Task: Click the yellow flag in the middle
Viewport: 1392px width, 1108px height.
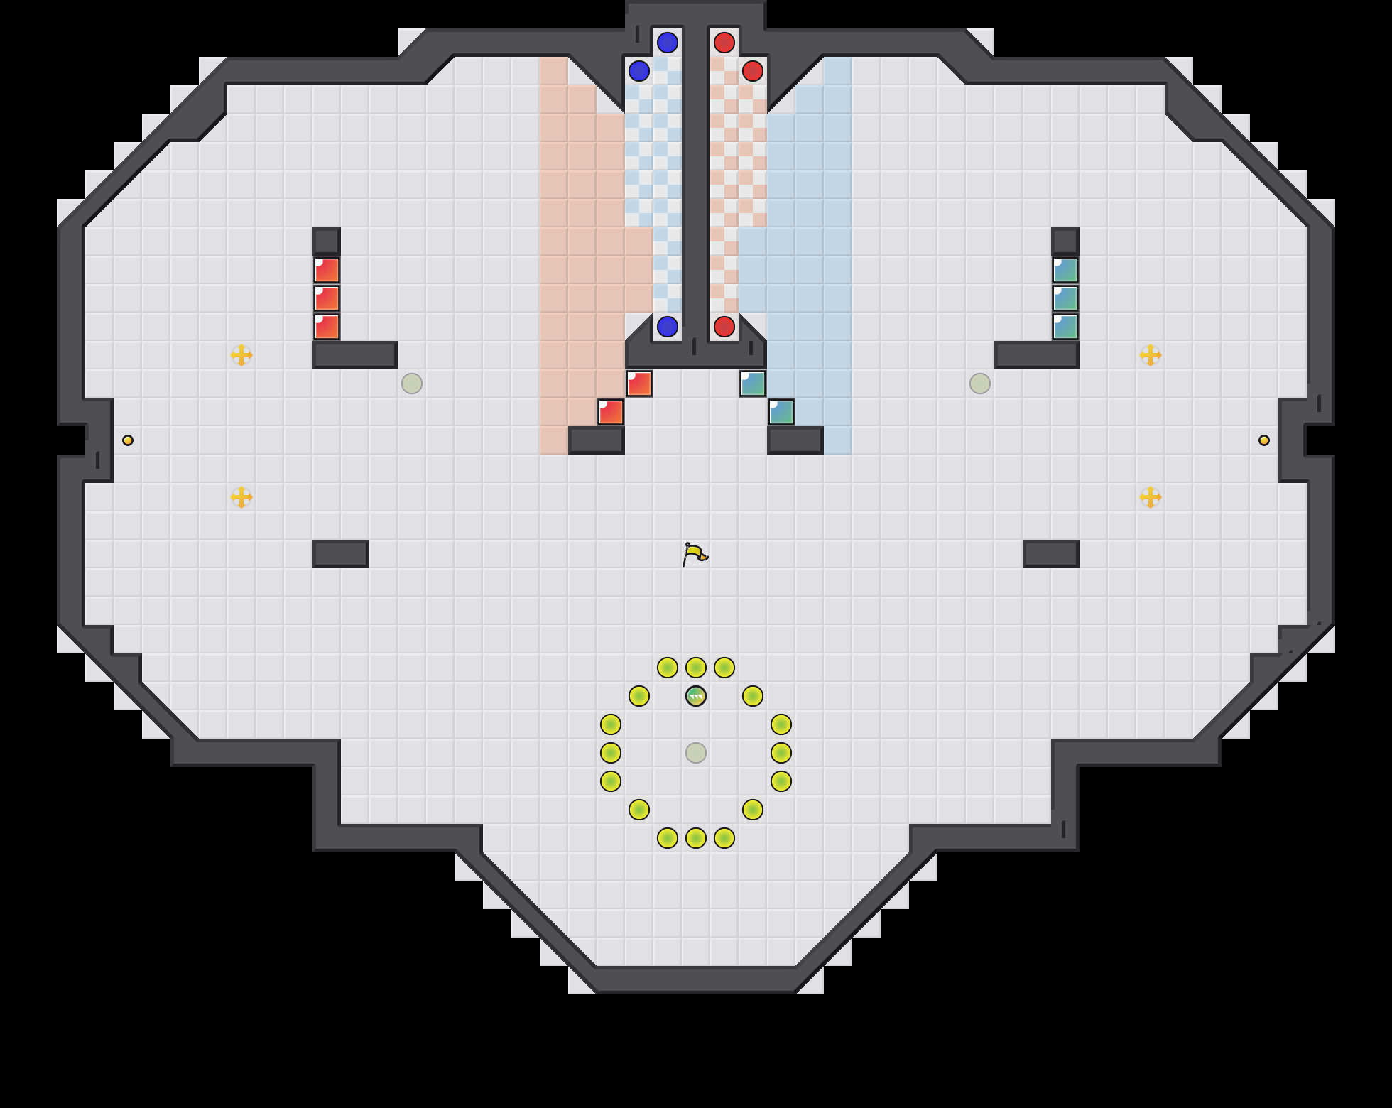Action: tap(695, 554)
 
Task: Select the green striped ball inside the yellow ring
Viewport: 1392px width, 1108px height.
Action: tap(696, 696)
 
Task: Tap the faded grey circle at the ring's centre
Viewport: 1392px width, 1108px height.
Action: tap(696, 753)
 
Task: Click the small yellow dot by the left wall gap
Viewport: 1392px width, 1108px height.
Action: tap(128, 440)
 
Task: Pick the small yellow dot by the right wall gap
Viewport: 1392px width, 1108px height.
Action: tap(1264, 440)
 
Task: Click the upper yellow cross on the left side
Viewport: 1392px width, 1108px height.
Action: tap(241, 355)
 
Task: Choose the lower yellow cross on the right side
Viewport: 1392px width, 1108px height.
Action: tap(1151, 497)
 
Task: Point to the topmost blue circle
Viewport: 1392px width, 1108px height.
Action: tap(668, 43)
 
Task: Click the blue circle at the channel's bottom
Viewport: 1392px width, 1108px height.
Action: tap(668, 327)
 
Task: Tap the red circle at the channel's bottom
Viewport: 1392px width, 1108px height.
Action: tap(724, 327)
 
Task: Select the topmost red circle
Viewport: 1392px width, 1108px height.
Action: tap(724, 43)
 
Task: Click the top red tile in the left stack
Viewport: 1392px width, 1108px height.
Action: tap(327, 270)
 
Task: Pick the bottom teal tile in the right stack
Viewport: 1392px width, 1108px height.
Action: tap(1065, 327)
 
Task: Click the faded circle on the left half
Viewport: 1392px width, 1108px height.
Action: tap(412, 384)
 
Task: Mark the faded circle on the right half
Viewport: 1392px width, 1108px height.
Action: tap(980, 384)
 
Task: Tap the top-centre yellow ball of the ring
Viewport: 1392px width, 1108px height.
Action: tap(696, 668)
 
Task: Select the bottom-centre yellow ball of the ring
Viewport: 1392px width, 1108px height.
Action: tap(696, 838)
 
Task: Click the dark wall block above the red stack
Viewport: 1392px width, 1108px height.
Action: tap(327, 241)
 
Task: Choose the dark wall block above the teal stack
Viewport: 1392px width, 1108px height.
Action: tap(1065, 241)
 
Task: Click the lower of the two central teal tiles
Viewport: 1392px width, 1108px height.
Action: tap(781, 412)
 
